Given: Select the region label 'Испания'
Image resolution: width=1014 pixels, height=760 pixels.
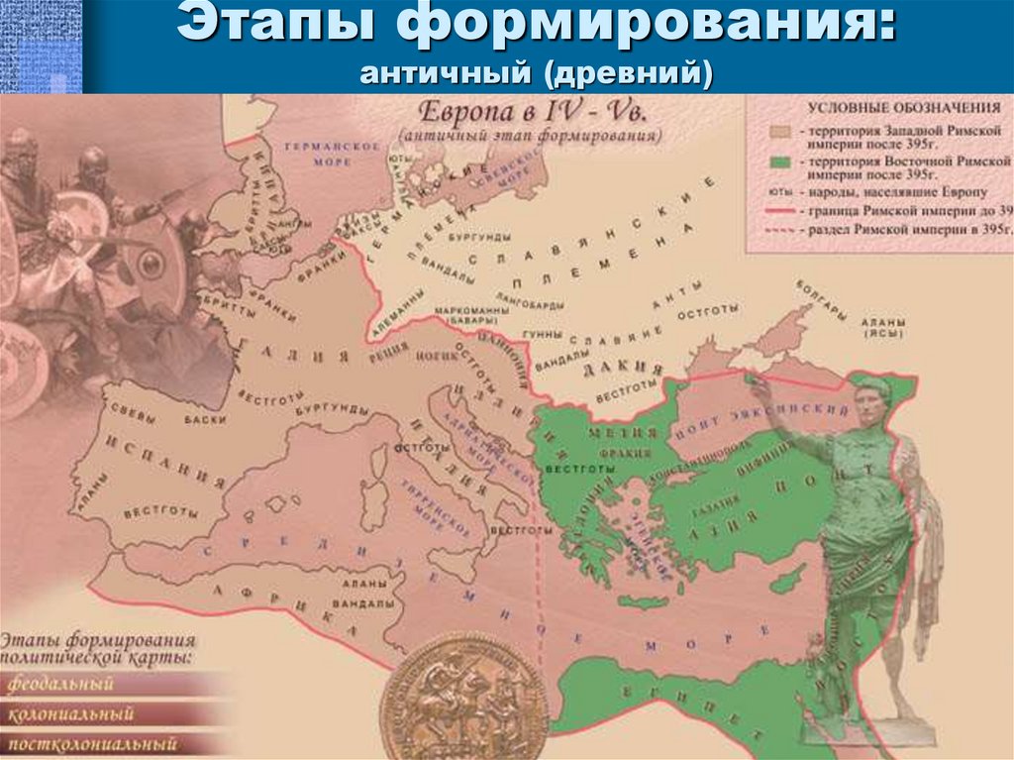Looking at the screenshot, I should (x=165, y=461).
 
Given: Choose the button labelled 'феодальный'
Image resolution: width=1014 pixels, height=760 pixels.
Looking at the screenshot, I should (x=61, y=684).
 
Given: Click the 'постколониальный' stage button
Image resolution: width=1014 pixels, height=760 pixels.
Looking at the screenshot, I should (x=92, y=743).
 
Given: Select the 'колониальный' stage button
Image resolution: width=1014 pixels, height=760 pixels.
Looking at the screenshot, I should (x=70, y=713).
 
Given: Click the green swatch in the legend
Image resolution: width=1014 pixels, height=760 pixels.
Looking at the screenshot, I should (x=781, y=160).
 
